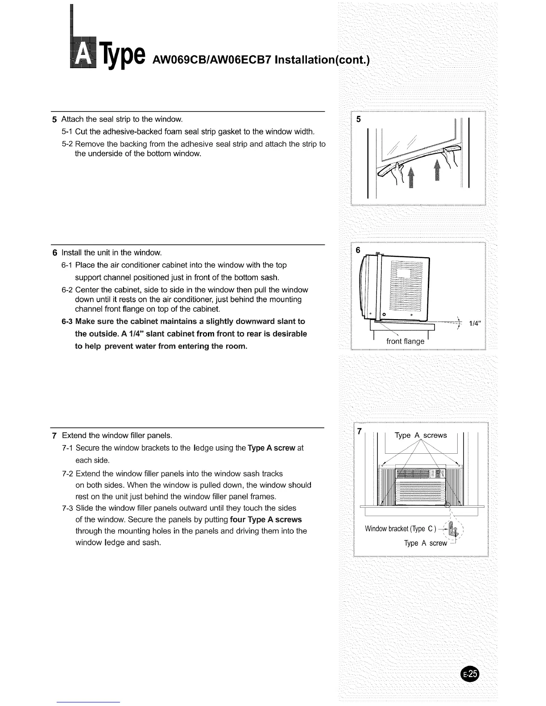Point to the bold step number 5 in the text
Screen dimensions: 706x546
54,119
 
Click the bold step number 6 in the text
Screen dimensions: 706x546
54,253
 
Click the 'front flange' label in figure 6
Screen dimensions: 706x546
405,341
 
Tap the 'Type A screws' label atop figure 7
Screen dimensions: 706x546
421,435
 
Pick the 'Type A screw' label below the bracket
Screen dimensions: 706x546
425,543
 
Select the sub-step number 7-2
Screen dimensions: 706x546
68,473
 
